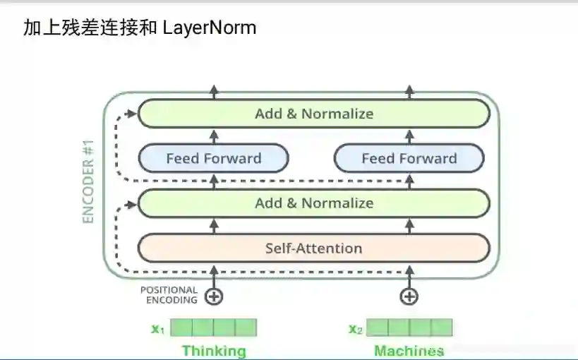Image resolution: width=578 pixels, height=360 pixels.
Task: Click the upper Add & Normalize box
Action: click(314, 114)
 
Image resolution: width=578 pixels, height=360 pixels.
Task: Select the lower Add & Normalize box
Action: click(314, 203)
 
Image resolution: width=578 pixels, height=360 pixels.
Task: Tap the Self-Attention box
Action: click(314, 248)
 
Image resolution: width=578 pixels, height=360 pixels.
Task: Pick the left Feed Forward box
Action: click(214, 159)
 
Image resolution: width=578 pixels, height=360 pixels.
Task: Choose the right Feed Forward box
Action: click(409, 159)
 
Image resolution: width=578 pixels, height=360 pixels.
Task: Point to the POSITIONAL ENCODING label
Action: click(169, 295)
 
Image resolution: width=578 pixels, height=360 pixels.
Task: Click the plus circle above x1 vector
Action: click(214, 296)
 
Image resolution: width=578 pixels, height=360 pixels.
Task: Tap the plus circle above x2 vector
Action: click(409, 296)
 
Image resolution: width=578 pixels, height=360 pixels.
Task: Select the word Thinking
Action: click(214, 351)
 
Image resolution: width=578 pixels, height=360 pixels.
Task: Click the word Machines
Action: click(409, 351)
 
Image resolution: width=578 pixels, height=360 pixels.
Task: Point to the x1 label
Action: click(157, 328)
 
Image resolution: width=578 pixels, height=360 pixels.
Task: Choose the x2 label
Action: click(355, 328)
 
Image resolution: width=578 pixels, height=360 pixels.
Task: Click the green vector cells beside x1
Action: click(214, 328)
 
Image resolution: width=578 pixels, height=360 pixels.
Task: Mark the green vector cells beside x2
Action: click(409, 328)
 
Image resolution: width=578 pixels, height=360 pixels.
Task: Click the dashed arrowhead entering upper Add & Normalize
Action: click(132, 113)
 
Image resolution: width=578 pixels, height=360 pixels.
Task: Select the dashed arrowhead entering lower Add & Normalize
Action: click(132, 203)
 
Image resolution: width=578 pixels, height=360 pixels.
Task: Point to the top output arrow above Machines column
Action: click(409, 90)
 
